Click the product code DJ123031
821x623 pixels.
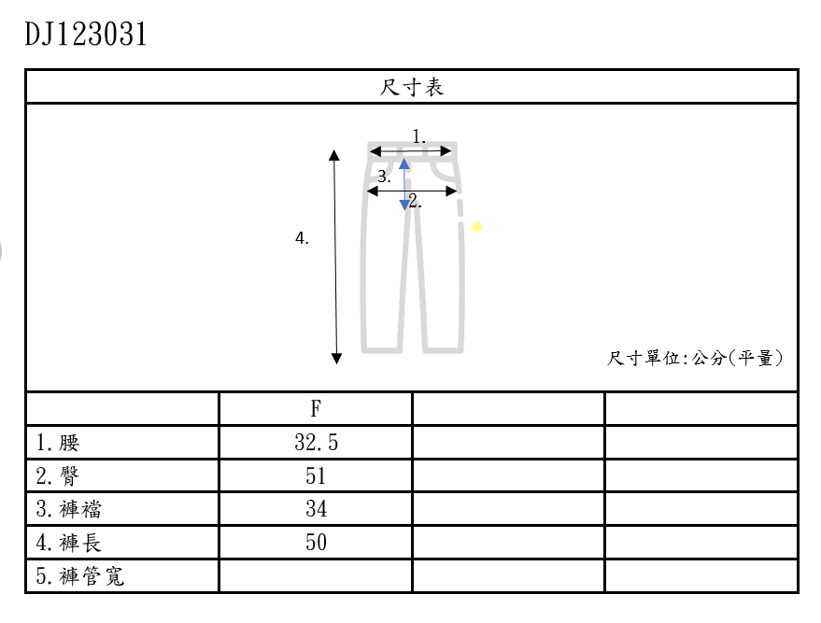[86, 35]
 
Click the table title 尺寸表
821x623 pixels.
[412, 88]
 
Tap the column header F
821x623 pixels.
[316, 409]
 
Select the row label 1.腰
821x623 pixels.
[60, 443]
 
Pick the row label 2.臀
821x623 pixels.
[59, 476]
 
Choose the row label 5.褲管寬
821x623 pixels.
[80, 576]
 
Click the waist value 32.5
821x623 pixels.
[316, 443]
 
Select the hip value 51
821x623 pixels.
[316, 476]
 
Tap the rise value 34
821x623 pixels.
[316, 509]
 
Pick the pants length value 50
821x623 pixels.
[316, 543]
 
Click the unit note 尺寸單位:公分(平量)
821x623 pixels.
[695, 358]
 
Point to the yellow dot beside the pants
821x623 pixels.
[477, 227]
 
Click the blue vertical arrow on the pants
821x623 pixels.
[404, 184]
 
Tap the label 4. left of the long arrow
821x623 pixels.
[302, 239]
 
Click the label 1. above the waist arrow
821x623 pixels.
[419, 137]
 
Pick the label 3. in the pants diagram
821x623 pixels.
[384, 177]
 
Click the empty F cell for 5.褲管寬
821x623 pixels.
[316, 576]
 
